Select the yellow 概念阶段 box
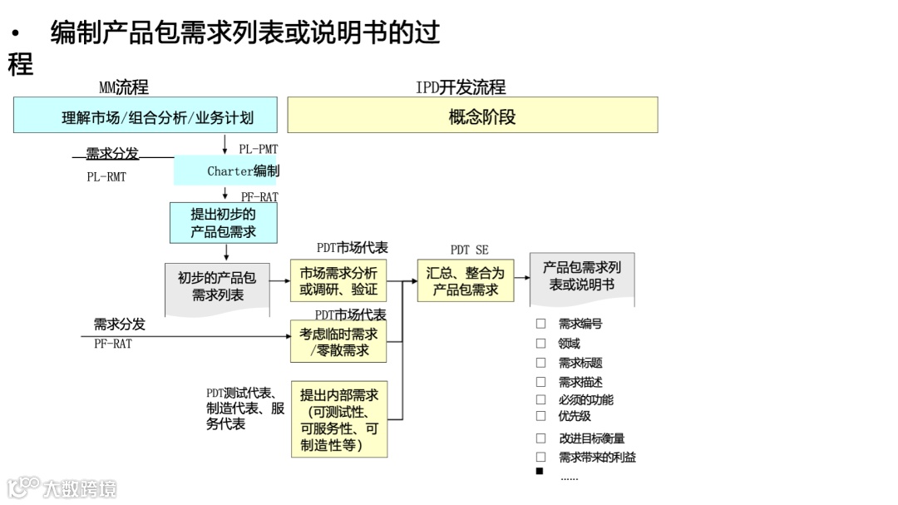point(472,116)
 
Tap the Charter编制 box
point(225,171)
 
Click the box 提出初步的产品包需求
point(223,223)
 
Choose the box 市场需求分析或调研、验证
point(338,281)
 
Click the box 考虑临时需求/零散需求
point(338,341)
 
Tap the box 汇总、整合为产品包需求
point(466,280)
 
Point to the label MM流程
point(124,87)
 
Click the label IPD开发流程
point(460,87)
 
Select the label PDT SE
point(469,250)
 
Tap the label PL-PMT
point(258,150)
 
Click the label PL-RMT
point(106,177)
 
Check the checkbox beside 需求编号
point(541,324)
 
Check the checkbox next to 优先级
point(541,416)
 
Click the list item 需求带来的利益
point(597,457)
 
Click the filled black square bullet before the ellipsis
point(540,472)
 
